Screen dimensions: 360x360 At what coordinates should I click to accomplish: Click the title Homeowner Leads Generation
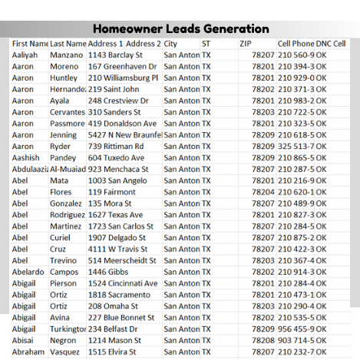coord(181,29)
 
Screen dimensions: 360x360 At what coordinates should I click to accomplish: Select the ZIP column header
coord(246,44)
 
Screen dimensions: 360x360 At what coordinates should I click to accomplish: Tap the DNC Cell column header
coord(331,44)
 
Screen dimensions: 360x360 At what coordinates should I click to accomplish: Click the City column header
coord(170,44)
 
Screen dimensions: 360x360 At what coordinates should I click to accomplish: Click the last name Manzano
coord(66,55)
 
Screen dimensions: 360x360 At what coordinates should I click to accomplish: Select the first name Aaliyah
coord(28,55)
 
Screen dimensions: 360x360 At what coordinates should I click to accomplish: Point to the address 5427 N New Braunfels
coord(123,135)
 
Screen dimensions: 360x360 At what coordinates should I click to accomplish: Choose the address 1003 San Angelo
coord(117,180)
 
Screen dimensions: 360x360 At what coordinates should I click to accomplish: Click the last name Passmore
coord(68,124)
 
